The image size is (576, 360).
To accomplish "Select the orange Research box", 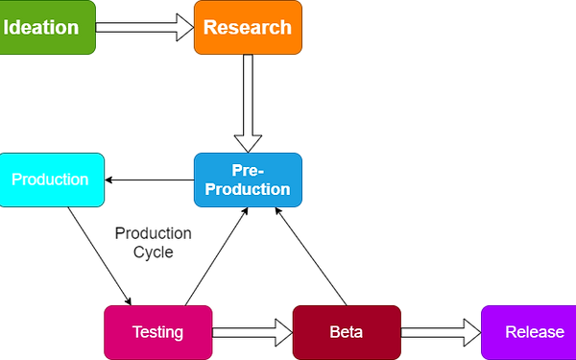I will tap(248, 28).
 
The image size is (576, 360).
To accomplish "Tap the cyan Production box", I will tap(51, 180).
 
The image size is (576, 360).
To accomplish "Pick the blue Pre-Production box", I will tap(248, 180).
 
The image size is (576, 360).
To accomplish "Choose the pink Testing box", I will tap(157, 331).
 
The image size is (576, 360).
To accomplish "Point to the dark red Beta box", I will tap(346, 331).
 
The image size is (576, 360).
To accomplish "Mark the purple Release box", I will tap(529, 331).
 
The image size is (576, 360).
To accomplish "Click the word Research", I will tap(248, 27).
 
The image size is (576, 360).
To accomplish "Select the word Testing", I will tap(157, 332).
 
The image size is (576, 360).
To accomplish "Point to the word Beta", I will tap(346, 332).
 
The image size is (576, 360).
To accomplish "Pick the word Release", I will tap(535, 332).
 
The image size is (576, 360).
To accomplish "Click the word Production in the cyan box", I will tap(50, 180).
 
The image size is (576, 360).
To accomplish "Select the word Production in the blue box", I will tap(248, 189).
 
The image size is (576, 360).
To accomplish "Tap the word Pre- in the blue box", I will tap(247, 170).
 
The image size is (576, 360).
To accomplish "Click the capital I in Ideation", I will tap(7, 27).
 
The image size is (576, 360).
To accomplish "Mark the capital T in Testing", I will tap(136, 332).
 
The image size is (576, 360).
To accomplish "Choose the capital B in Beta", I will tap(334, 332).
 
